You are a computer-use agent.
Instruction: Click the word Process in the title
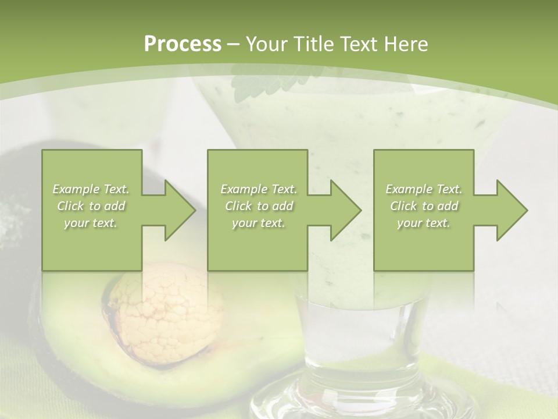point(183,44)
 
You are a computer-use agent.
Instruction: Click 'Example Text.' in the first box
point(91,189)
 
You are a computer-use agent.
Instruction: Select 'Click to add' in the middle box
point(259,206)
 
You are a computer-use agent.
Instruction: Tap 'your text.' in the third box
point(424,223)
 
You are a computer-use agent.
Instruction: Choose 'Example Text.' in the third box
point(424,189)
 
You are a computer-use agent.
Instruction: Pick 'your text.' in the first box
point(91,223)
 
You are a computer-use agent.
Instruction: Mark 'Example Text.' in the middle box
point(259,189)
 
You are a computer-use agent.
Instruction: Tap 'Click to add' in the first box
point(91,206)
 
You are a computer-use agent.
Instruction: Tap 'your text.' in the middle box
point(259,223)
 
